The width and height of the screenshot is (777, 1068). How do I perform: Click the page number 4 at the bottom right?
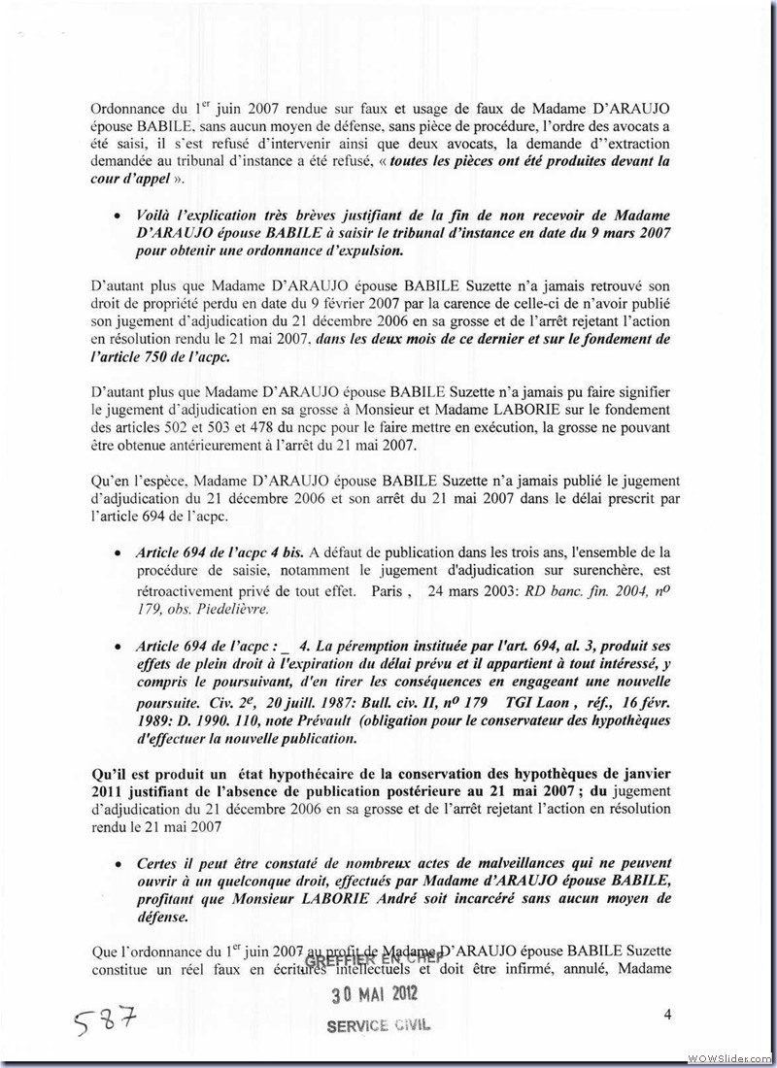pyautogui.click(x=668, y=1015)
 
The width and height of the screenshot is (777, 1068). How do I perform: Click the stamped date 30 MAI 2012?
pyautogui.click(x=374, y=994)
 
